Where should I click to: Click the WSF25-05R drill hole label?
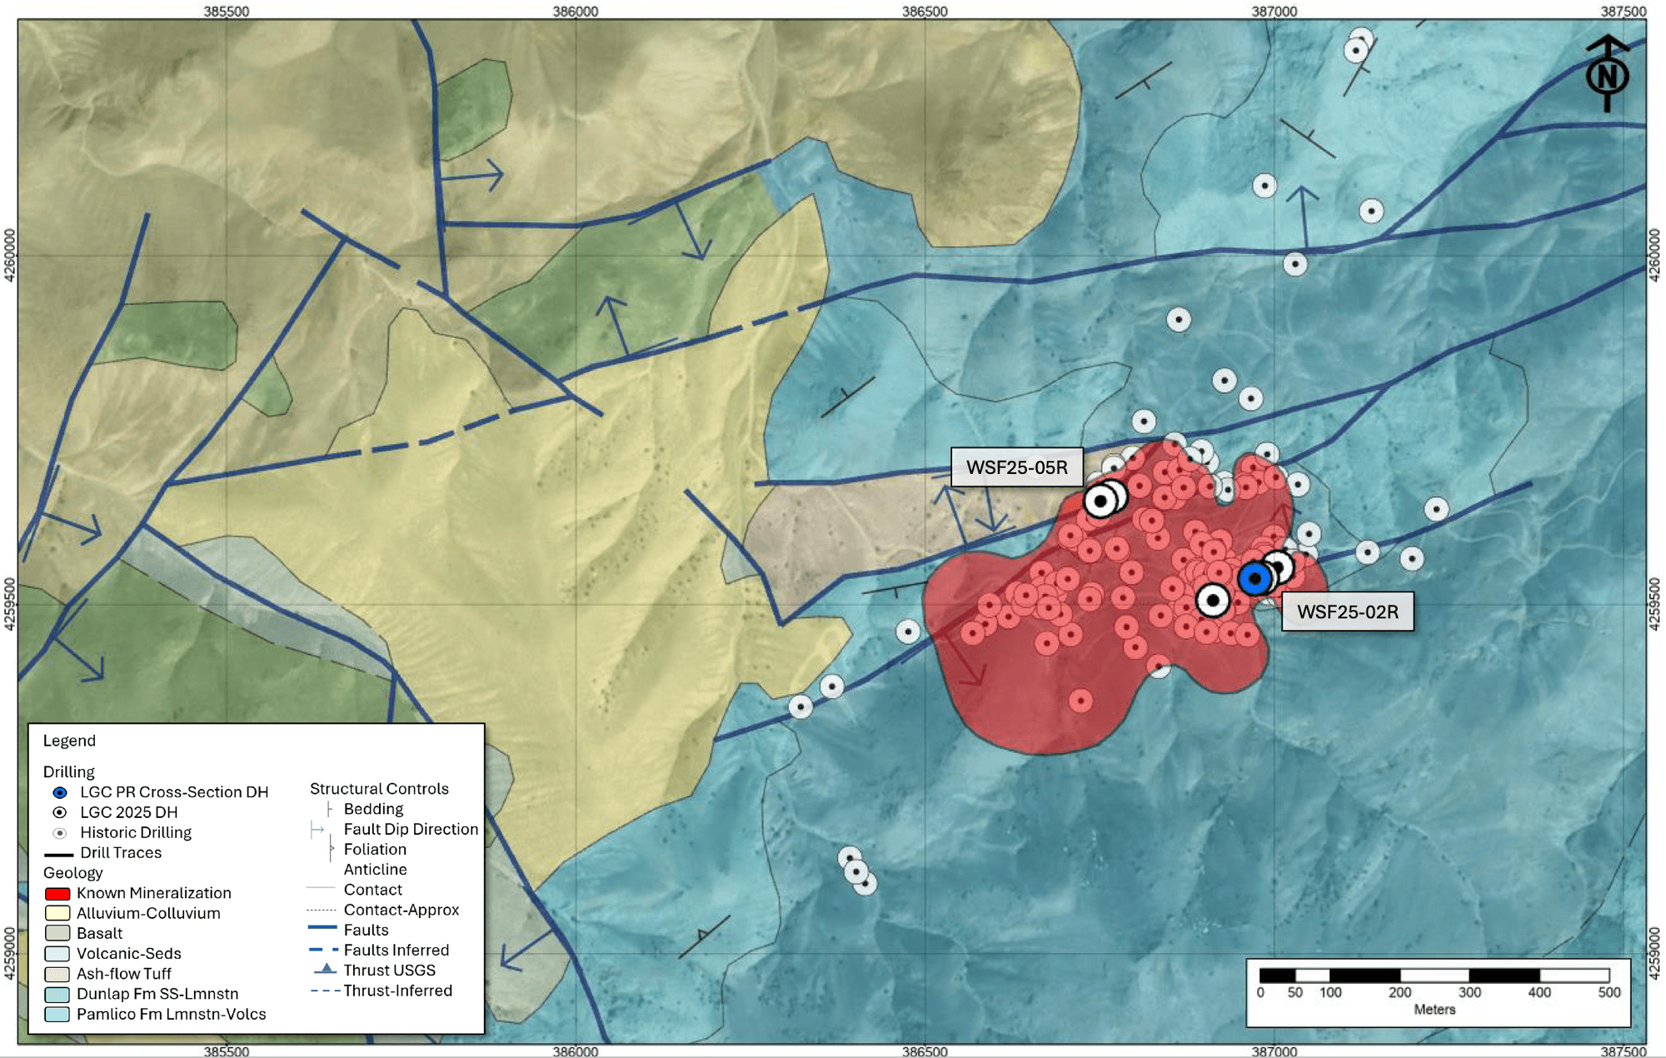coord(1016,467)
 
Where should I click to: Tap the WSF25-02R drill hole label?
coord(1347,611)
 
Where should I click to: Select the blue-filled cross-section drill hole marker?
coord(1254,578)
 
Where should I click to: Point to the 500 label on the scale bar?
coord(1609,992)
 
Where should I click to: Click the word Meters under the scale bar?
coord(1434,1010)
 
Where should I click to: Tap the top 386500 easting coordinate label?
coord(925,11)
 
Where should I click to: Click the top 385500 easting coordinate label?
coord(226,11)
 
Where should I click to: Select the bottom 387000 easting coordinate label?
coord(1274,1051)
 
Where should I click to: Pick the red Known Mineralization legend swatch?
coord(57,893)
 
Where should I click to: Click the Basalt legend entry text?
coord(99,933)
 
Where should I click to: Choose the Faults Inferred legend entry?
coord(396,950)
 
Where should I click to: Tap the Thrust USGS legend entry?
coord(389,970)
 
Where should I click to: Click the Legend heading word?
coord(69,741)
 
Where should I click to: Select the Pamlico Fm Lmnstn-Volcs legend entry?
coord(171,1014)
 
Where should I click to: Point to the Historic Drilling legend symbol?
coord(60,832)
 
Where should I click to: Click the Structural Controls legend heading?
coord(379,788)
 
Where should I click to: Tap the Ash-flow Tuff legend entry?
coord(123,973)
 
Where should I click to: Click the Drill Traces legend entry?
coord(120,852)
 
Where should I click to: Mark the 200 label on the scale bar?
coord(1399,992)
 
